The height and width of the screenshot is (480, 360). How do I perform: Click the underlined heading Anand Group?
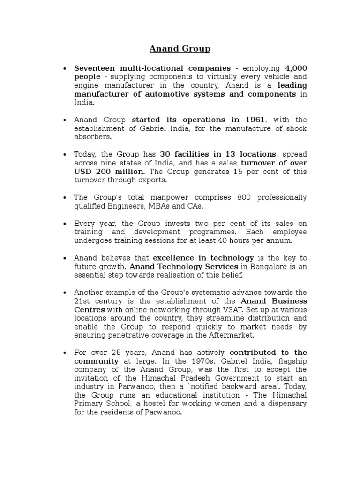coord(180,49)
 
